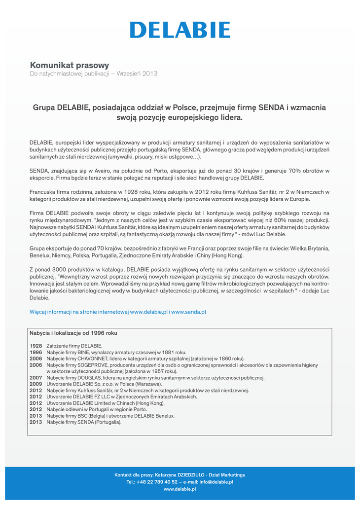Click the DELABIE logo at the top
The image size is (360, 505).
click(x=180, y=30)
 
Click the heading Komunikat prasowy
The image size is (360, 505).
click(x=69, y=65)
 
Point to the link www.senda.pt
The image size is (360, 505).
click(x=189, y=312)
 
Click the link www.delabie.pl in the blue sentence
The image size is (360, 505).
click(x=148, y=312)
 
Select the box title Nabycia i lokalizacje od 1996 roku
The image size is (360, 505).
click(x=73, y=333)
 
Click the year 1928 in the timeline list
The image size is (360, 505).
click(x=36, y=346)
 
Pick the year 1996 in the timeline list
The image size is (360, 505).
click(x=36, y=353)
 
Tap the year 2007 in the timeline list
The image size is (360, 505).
click(x=36, y=378)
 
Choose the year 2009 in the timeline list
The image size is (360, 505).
click(x=36, y=384)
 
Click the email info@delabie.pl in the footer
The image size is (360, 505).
click(x=216, y=482)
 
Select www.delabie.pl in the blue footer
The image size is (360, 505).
click(x=180, y=489)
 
